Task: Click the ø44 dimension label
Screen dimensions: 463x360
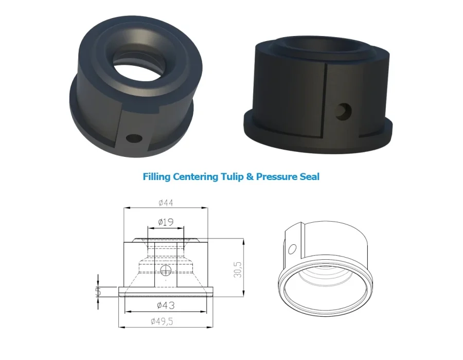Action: click(x=166, y=203)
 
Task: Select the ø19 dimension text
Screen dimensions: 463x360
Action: click(x=166, y=222)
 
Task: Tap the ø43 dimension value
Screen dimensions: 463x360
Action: click(x=166, y=305)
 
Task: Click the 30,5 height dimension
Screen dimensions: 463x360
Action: click(x=238, y=269)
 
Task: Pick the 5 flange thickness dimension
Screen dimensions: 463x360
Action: click(x=98, y=292)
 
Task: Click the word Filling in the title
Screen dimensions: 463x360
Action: click(x=156, y=177)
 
